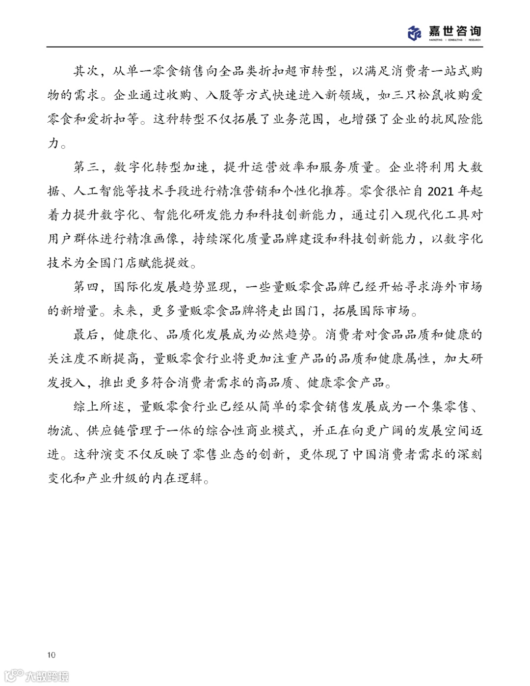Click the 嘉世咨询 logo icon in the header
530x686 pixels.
[x=415, y=33]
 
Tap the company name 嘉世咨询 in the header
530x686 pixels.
[x=455, y=31]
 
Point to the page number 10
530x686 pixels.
[x=52, y=655]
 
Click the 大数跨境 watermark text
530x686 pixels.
[x=47, y=676]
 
